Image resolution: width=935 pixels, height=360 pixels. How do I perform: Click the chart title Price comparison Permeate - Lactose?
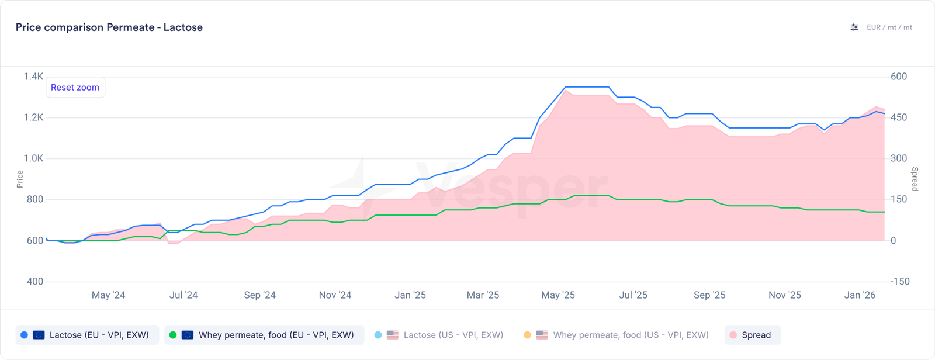[x=109, y=27]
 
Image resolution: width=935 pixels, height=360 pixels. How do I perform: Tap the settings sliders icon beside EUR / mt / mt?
[x=854, y=27]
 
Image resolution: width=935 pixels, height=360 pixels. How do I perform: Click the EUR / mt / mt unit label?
[x=889, y=27]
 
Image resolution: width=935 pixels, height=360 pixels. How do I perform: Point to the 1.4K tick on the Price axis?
[x=33, y=77]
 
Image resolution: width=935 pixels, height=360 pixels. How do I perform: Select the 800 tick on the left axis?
[x=35, y=199]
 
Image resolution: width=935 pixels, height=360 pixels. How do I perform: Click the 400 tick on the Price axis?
[x=35, y=281]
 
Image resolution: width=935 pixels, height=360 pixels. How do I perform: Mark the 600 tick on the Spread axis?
[x=899, y=77]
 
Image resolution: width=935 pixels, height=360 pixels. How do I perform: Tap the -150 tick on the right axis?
[x=900, y=281]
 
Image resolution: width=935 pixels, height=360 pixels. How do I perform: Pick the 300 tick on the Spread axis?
[x=899, y=158]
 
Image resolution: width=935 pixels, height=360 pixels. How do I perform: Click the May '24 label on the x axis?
[x=108, y=295]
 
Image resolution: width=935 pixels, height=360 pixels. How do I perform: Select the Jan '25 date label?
[x=410, y=295]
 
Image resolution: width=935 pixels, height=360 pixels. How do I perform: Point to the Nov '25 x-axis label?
[x=785, y=295]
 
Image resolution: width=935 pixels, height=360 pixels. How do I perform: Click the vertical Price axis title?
[x=20, y=179]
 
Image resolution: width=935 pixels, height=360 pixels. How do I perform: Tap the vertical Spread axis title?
[x=915, y=179]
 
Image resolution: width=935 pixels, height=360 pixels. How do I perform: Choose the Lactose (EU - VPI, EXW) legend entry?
[x=88, y=335]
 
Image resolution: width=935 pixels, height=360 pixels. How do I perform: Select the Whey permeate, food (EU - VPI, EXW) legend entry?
[x=264, y=335]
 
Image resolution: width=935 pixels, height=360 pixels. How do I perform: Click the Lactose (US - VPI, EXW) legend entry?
[x=439, y=335]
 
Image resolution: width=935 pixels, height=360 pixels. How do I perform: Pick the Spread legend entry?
[x=753, y=335]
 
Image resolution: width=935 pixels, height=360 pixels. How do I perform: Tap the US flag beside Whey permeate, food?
[x=542, y=335]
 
